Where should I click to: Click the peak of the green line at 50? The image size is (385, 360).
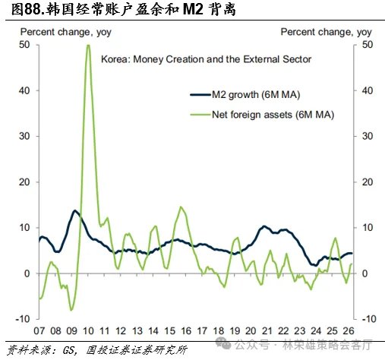pyautogui.click(x=88, y=46)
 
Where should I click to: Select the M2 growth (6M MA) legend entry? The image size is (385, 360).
pyautogui.click(x=245, y=95)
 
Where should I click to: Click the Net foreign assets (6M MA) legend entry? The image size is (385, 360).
pyautogui.click(x=262, y=115)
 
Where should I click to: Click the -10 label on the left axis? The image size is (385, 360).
pyautogui.click(x=23, y=319)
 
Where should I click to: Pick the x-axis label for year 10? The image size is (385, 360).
pyautogui.click(x=88, y=331)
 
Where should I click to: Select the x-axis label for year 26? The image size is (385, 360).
pyautogui.click(x=349, y=331)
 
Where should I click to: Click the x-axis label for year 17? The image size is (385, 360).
pyautogui.click(x=202, y=331)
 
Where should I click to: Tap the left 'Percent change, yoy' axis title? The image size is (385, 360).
pyautogui.click(x=66, y=33)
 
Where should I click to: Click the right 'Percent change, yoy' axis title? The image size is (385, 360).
pyautogui.click(x=326, y=33)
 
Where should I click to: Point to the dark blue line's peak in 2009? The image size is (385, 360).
pyautogui.click(x=74, y=210)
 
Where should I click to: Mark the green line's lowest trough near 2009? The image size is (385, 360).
pyautogui.click(x=71, y=310)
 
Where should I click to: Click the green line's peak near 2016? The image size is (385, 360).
pyautogui.click(x=181, y=207)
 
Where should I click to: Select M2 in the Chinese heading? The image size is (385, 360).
pyautogui.click(x=193, y=10)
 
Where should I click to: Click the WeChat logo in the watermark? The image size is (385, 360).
pyautogui.click(x=223, y=343)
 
